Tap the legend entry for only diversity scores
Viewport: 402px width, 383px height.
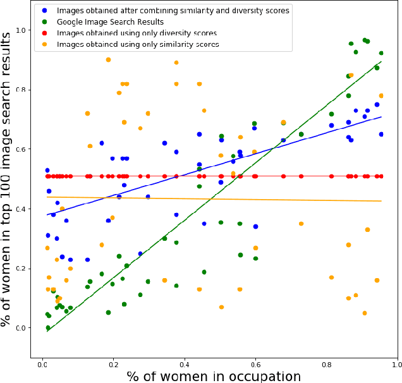click(x=137, y=33)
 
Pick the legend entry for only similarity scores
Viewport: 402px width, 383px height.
click(x=137, y=44)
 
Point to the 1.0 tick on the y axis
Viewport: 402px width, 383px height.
click(x=22, y=30)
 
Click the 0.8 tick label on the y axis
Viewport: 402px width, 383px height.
click(x=22, y=90)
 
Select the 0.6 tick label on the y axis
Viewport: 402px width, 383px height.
click(x=22, y=149)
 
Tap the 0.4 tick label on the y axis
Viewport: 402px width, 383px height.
click(x=22, y=209)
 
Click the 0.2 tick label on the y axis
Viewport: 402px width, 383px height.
click(x=22, y=268)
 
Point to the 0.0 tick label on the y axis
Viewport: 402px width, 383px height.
click(x=22, y=327)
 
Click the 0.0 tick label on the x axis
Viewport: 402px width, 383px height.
click(x=42, y=365)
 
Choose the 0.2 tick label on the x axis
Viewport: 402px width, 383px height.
click(x=113, y=365)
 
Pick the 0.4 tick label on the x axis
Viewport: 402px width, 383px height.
click(x=184, y=365)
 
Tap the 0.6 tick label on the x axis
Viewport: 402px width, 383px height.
click(x=255, y=365)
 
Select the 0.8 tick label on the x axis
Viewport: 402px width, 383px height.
click(x=326, y=365)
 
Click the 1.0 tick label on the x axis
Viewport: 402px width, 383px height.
click(x=397, y=365)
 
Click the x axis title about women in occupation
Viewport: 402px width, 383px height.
click(x=214, y=376)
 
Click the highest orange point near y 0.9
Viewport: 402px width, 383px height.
click(x=108, y=59)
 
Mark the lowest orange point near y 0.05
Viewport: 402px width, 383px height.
click(x=365, y=313)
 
